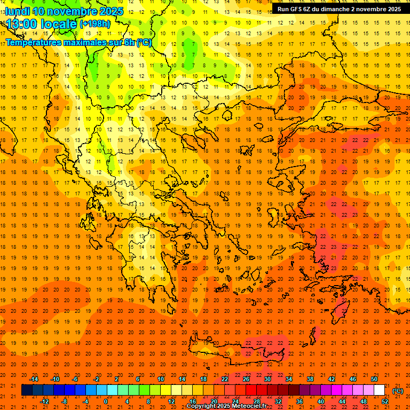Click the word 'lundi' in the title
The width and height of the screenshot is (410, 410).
(17, 11)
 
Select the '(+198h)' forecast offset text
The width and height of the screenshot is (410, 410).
(95, 24)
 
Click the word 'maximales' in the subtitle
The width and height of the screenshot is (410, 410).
(77, 42)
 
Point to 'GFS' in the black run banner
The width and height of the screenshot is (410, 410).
(298, 9)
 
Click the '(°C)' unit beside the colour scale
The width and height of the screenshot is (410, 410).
(398, 391)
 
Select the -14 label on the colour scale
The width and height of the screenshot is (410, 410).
(34, 379)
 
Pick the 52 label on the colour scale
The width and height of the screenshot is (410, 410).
(385, 401)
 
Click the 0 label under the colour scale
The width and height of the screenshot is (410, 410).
(106, 401)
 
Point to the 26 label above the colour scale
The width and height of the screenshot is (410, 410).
(246, 379)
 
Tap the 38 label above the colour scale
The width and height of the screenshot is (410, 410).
(310, 379)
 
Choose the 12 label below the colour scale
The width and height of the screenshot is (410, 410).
(171, 401)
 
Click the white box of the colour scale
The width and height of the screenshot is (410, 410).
(379, 390)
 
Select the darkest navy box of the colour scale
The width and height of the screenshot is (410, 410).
(27, 390)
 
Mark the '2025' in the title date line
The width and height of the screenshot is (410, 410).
(111, 11)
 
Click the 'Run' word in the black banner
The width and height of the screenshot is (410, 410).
(283, 9)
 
